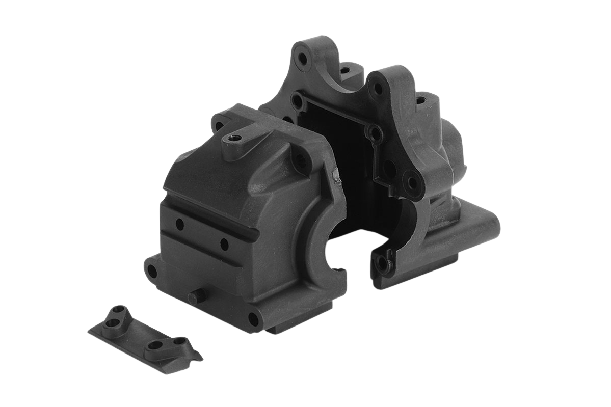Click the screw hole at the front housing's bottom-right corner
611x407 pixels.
click(253, 318)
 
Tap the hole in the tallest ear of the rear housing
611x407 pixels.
click(304, 59)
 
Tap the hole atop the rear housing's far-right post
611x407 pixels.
click(421, 100)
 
